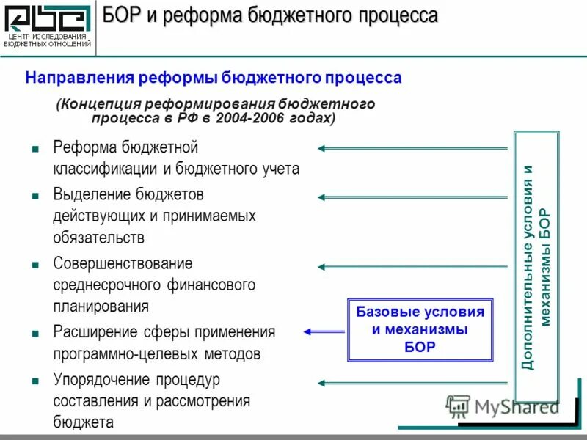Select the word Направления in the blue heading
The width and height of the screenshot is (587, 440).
coord(78,78)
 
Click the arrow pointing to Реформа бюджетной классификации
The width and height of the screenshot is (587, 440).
coord(412,148)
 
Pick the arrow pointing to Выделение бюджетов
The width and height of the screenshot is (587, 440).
coord(412,197)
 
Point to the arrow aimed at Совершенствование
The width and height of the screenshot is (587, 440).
coord(412,266)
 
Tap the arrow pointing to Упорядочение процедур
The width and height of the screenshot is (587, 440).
coord(412,382)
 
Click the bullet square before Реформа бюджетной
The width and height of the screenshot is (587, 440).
coord(35,148)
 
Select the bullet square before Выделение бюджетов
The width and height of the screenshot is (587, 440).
coord(35,196)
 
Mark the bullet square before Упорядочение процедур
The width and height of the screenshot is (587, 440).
coord(35,381)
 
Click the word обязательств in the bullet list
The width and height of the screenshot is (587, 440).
coord(98,238)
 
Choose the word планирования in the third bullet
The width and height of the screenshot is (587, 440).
coord(101,306)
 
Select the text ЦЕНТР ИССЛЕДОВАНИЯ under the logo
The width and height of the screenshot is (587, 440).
coord(47,37)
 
